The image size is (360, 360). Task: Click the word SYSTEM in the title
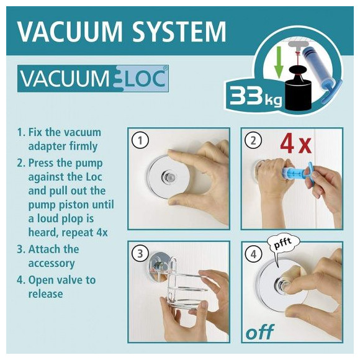179,31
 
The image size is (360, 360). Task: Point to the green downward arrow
279,62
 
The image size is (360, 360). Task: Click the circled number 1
140,140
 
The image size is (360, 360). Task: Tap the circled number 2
253,140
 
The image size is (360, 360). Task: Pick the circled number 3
140,254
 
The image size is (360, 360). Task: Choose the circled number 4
253,254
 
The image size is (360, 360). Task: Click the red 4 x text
296,145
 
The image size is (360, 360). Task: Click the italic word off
260,331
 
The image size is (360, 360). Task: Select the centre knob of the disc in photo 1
169,177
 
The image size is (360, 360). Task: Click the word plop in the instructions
73,219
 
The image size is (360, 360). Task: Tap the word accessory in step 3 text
52,263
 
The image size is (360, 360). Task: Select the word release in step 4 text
45,294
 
